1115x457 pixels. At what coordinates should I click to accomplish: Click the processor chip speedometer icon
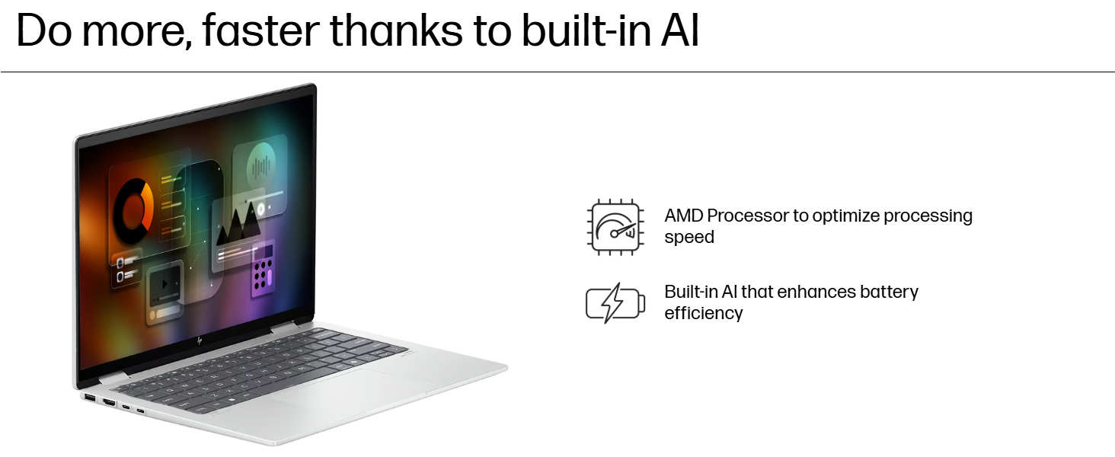click(615, 226)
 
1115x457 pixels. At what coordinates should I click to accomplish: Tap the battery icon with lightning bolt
click(615, 303)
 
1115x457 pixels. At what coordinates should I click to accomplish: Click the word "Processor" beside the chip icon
click(748, 216)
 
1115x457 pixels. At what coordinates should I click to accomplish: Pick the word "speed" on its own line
click(689, 237)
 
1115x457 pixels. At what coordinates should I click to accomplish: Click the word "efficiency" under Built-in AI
click(703, 313)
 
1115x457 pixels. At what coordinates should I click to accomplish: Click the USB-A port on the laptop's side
click(90, 398)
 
